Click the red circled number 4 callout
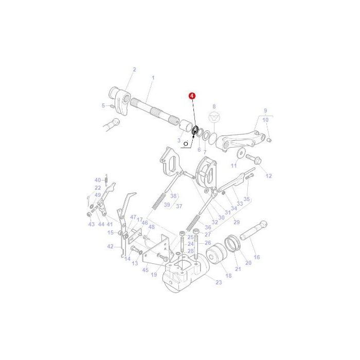click(191, 96)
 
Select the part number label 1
click(152, 78)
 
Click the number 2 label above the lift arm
click(134, 69)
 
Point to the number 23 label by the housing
click(219, 282)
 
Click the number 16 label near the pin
click(257, 257)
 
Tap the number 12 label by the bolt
click(268, 176)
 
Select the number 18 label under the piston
click(228, 276)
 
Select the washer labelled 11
click(240, 153)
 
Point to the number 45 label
click(146, 269)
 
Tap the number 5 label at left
click(103, 105)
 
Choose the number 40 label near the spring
click(97, 180)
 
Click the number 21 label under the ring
click(238, 269)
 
